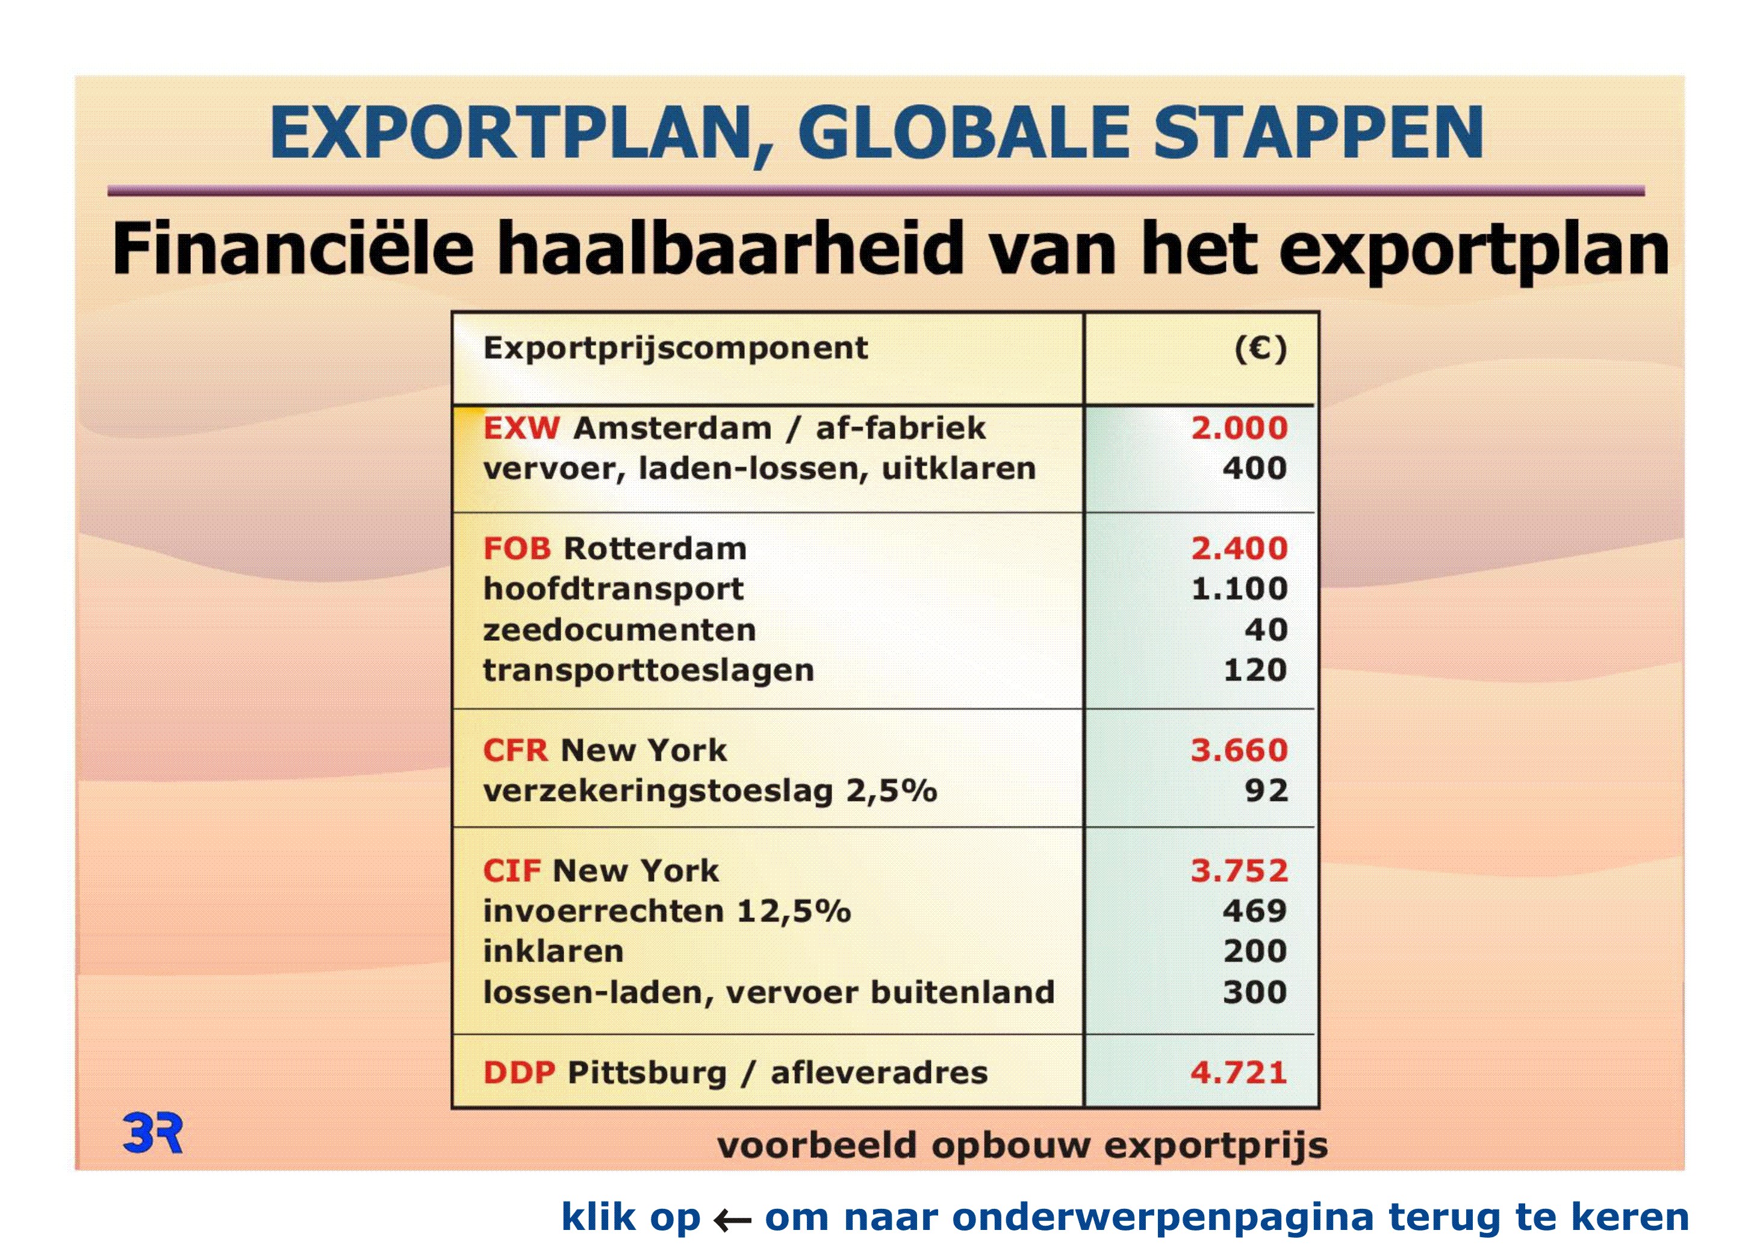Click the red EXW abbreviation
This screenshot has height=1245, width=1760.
521,428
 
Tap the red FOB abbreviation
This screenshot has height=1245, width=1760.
517,549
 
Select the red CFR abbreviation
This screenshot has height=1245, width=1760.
516,750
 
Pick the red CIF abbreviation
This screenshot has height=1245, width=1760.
512,871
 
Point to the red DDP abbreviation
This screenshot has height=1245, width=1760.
520,1073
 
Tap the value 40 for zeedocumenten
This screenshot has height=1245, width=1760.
1266,629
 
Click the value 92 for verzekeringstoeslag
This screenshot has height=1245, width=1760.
1266,790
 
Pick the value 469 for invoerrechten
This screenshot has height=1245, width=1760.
1255,911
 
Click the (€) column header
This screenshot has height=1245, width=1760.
1261,349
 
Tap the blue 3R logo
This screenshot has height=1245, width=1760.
152,1134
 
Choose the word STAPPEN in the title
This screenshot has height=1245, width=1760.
1319,133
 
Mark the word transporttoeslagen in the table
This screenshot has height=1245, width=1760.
648,670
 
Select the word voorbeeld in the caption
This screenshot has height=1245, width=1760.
817,1146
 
